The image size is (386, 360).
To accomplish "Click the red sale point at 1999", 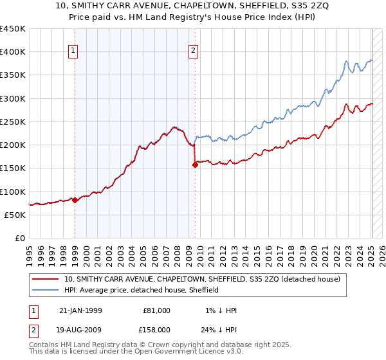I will point(75,200).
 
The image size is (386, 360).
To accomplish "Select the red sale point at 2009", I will point(195,165).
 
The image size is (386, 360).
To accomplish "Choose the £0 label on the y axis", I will point(19,239).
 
